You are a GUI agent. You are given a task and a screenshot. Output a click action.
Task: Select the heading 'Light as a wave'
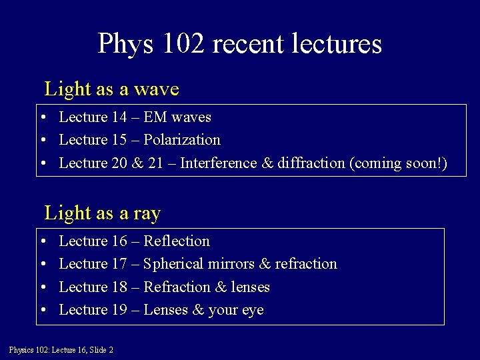click(111, 89)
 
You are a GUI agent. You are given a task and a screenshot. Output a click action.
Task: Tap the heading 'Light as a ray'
click(102, 213)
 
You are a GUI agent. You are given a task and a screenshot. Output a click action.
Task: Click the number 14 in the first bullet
click(119, 117)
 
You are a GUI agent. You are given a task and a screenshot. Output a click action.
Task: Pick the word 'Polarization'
click(182, 140)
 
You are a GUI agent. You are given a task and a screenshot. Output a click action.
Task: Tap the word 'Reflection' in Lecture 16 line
click(177, 241)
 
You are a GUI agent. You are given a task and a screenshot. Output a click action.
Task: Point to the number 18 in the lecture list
click(119, 287)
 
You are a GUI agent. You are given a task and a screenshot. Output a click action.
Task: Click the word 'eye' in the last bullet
click(253, 310)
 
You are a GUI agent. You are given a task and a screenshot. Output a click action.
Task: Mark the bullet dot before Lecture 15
click(42, 141)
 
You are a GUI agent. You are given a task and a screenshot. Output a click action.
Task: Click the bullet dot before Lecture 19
click(42, 311)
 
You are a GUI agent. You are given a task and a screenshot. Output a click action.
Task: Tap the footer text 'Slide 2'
click(100, 350)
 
